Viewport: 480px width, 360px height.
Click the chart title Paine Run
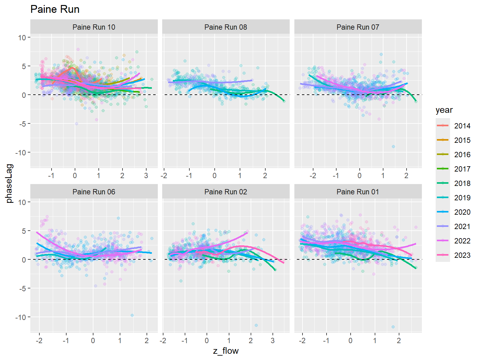(x=55, y=9)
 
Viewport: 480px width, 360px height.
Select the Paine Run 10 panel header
(x=94, y=27)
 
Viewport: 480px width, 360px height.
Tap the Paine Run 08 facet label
(x=226, y=27)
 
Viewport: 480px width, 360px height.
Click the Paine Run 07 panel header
(x=357, y=27)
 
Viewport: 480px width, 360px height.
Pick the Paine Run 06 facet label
(x=94, y=192)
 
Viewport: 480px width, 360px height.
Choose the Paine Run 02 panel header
(x=226, y=192)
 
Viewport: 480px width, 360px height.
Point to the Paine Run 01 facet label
(x=357, y=192)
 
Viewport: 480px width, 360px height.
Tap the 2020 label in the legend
(x=462, y=212)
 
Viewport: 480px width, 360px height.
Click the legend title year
(x=444, y=110)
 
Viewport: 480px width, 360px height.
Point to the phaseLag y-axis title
(x=9, y=183)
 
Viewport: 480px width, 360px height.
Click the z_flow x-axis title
(x=226, y=351)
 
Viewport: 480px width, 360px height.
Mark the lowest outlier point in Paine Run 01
(x=393, y=327)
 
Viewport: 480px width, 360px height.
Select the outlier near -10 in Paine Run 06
(x=132, y=315)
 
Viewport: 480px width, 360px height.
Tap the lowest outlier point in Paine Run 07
(x=393, y=147)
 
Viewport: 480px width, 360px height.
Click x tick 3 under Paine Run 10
(x=146, y=176)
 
